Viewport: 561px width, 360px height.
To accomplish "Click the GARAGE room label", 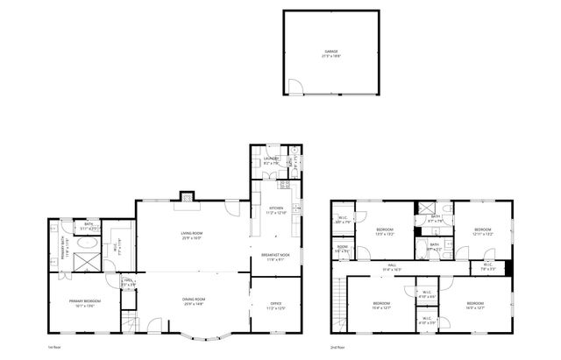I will click(330, 53).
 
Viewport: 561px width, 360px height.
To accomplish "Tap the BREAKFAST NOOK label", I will click(275, 256).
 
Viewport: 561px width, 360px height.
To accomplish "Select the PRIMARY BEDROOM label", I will click(85, 303).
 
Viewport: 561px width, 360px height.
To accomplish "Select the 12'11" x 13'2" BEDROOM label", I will click(483, 231).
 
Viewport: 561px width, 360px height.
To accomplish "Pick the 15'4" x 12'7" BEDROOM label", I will click(380, 305).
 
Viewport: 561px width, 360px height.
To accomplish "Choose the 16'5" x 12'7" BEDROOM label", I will click(475, 305).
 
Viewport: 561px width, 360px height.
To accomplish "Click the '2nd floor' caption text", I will click(337, 347).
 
